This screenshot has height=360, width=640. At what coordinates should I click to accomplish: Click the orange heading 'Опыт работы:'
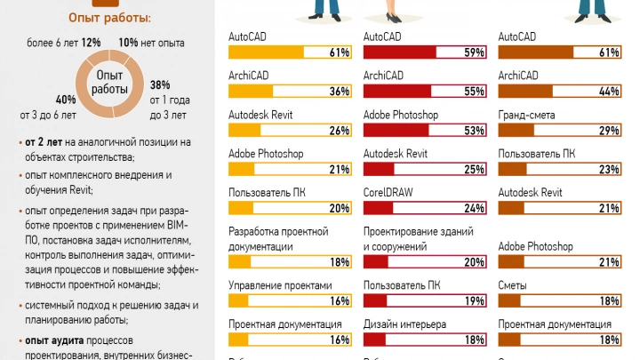[x=109, y=18]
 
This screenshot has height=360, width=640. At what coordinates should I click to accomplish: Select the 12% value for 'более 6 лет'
[x=91, y=42]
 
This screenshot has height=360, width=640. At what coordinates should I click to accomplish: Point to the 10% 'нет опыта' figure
[x=128, y=42]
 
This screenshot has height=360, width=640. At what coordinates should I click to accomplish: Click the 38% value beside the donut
[x=160, y=84]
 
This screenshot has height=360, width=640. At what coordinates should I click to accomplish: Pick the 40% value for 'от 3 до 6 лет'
[x=65, y=99]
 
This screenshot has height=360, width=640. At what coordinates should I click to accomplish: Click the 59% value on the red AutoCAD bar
[x=474, y=52]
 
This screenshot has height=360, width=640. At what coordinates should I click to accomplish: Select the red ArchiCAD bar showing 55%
[x=424, y=91]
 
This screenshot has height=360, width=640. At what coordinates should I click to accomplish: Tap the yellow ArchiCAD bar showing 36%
[x=289, y=91]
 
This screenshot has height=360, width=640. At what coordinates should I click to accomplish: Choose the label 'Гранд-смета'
[x=527, y=115]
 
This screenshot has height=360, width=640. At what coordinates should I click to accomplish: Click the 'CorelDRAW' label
[x=388, y=191]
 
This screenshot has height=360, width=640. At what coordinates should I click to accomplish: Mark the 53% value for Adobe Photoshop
[x=474, y=131]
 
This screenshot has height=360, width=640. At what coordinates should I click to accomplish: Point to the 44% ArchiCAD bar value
[x=608, y=91]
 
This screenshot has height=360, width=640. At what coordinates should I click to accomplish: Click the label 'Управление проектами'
[x=280, y=285]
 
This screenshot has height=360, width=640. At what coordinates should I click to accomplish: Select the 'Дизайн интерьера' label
[x=404, y=324]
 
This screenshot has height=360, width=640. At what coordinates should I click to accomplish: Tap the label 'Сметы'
[x=513, y=285]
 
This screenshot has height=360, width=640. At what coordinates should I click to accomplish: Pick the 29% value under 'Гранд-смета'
[x=608, y=131]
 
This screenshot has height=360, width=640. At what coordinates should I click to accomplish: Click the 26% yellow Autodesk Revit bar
[x=289, y=131]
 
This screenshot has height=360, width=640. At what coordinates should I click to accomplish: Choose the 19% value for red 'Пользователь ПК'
[x=474, y=301]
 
